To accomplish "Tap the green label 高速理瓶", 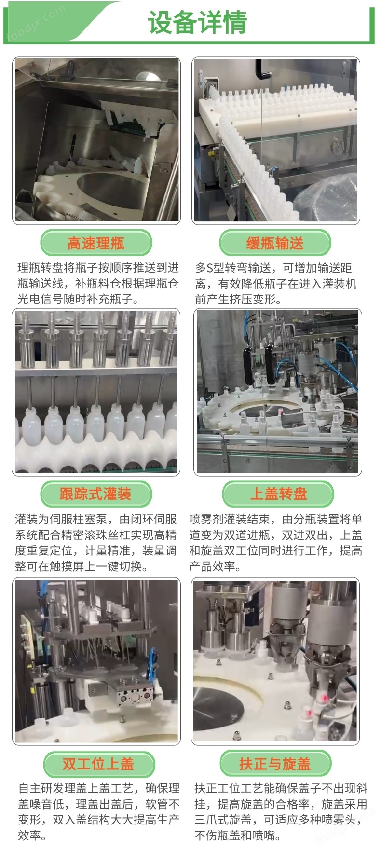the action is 96,243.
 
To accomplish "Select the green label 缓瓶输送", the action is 275,243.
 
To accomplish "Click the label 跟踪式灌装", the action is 96,494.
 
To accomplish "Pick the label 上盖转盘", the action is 278,494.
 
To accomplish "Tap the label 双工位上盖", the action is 98,764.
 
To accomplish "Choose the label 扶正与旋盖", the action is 275,764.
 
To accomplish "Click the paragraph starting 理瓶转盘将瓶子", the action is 98,283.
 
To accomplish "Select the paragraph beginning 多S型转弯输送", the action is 275,283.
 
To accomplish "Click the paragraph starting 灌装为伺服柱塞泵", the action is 96,543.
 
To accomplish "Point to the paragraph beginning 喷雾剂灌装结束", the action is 275,543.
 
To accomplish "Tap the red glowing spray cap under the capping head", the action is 325,698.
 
